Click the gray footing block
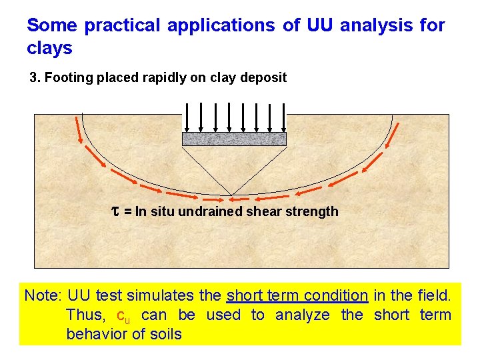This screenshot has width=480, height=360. (x=234, y=139)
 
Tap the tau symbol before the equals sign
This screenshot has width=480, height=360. (x=114, y=211)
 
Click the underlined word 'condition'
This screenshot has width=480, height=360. (x=331, y=295)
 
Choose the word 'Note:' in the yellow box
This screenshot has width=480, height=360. (x=43, y=295)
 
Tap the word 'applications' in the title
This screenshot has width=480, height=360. (x=221, y=26)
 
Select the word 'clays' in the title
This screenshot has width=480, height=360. (x=49, y=49)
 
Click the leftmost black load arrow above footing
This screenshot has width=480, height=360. (x=187, y=117)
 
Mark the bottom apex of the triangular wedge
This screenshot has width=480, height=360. (x=231, y=196)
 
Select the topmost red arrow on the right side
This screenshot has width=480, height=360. (x=392, y=128)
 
